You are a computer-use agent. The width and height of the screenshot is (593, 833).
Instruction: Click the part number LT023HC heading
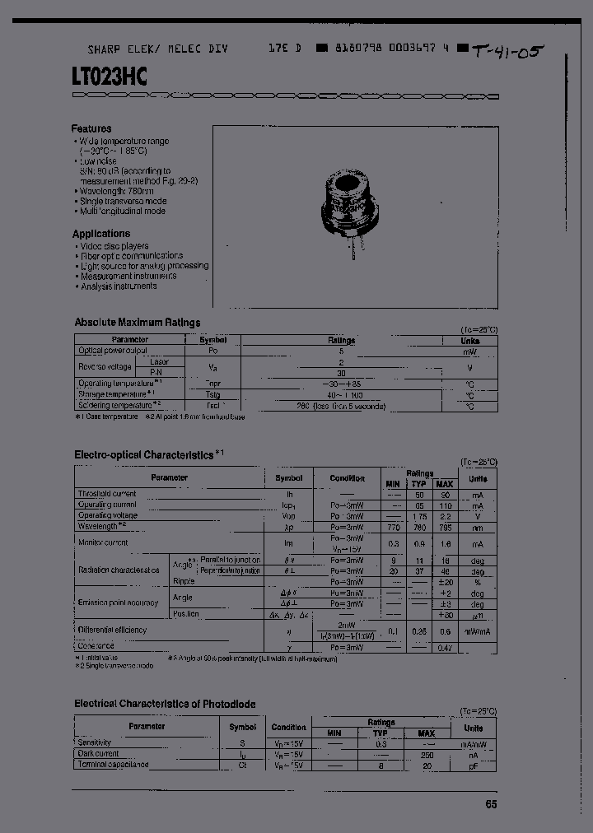tap(109, 77)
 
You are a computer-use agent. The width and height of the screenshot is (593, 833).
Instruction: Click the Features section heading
tap(91, 128)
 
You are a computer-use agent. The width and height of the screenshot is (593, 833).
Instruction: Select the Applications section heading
tap(101, 234)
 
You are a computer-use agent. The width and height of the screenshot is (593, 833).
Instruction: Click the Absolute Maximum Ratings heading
tap(138, 323)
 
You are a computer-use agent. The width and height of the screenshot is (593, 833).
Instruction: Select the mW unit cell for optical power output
tap(469, 351)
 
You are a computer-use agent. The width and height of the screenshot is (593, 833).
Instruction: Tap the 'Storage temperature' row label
tap(115, 394)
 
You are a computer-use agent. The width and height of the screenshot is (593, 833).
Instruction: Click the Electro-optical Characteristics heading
tap(144, 454)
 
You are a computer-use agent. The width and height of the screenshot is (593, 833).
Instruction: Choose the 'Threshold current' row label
tap(107, 494)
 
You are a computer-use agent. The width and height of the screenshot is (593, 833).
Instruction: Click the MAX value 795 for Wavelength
tap(445, 526)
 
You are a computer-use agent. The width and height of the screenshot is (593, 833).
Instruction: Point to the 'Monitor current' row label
tap(103, 543)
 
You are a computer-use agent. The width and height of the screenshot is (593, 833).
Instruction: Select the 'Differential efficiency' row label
tap(112, 630)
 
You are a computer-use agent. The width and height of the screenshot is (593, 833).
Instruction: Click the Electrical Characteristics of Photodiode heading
tap(165, 704)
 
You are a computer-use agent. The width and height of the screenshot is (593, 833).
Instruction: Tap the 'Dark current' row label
tap(98, 753)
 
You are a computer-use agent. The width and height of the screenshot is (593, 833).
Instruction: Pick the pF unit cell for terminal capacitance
tap(473, 765)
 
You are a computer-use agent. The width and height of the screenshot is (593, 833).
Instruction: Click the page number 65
tap(490, 804)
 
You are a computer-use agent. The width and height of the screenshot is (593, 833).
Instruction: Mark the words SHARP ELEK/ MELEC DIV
tap(158, 49)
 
